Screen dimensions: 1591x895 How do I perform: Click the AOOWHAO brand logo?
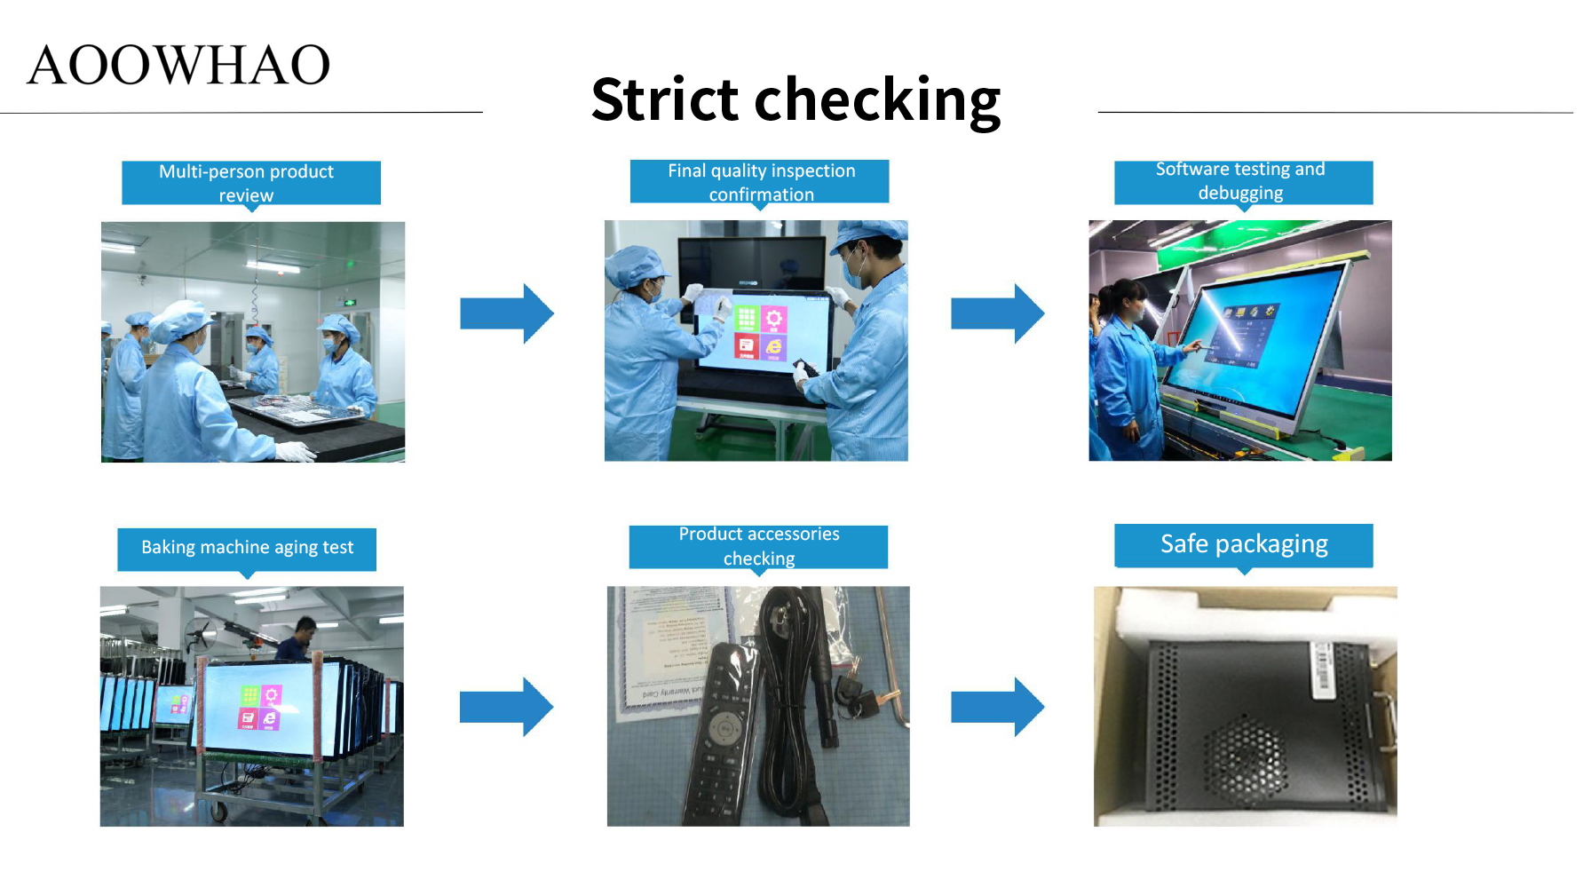click(x=178, y=65)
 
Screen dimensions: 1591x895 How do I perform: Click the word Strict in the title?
click(x=665, y=99)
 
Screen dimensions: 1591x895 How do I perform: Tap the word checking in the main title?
click(x=877, y=101)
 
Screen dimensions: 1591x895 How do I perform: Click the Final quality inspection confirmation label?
click(x=759, y=183)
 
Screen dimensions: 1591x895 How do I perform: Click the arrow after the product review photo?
click(x=507, y=313)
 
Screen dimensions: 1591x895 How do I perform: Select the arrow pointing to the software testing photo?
click(x=998, y=313)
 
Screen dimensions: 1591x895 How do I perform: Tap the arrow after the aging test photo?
click(x=507, y=707)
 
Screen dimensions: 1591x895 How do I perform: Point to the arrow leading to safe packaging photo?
click(x=998, y=707)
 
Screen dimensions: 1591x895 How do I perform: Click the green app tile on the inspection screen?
click(x=747, y=319)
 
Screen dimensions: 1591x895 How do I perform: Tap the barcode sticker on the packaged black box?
click(x=1322, y=667)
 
